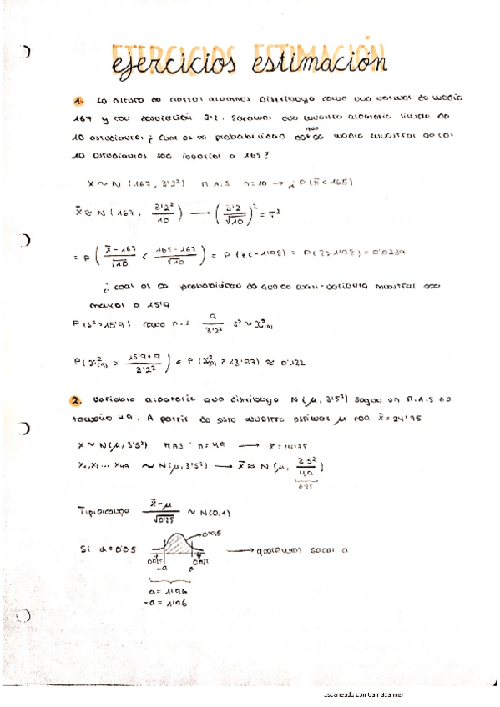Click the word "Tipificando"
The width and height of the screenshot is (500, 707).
[x=103, y=509]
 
